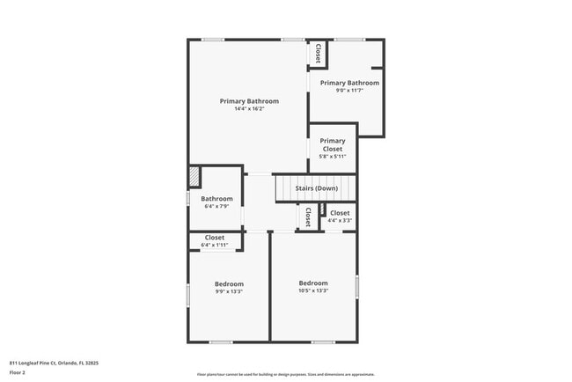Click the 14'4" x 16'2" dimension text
tap(249, 109)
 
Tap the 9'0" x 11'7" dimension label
tap(349, 91)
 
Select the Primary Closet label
tap(333, 145)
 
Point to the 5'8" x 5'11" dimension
tap(333, 157)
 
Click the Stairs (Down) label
tap(316, 188)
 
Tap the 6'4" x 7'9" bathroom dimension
tap(216, 207)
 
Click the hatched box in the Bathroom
tap(194, 177)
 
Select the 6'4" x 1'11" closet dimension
tap(215, 245)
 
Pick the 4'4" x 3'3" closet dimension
tap(340, 220)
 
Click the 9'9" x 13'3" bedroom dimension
tap(229, 291)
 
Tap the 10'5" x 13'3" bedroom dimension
tap(313, 290)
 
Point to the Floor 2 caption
tap(18, 372)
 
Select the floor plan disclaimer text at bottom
tap(285, 373)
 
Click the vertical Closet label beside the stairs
tap(307, 217)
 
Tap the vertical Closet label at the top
tap(318, 54)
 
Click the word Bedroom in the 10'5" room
tap(313, 283)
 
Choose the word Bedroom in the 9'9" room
tap(229, 283)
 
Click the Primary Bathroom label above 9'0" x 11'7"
tap(349, 83)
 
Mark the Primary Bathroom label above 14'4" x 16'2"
tap(249, 101)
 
